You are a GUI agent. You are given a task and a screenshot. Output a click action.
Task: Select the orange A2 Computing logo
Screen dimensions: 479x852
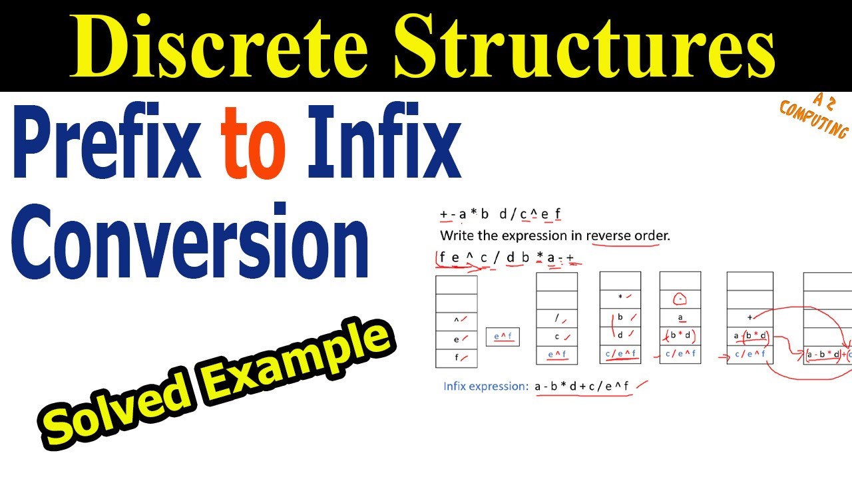[x=813, y=115]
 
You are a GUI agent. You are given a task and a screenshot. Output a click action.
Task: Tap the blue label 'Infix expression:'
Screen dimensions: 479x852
[x=485, y=386]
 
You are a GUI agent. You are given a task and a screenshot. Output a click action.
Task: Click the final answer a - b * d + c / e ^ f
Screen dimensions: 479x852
[x=582, y=386]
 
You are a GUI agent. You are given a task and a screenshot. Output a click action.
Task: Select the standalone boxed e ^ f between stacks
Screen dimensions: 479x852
[x=503, y=337]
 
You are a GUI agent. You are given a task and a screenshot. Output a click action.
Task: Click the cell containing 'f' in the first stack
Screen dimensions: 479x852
[x=457, y=357]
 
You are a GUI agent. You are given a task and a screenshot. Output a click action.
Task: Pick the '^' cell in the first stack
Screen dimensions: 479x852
[x=457, y=320]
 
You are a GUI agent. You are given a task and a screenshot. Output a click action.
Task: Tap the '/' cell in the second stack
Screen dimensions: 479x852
[x=556, y=319]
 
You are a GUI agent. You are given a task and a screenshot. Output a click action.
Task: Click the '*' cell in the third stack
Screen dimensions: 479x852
[x=620, y=297]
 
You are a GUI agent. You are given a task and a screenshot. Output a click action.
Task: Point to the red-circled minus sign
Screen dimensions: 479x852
[x=680, y=299]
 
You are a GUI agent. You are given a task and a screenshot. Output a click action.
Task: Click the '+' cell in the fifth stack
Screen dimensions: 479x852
[x=749, y=317]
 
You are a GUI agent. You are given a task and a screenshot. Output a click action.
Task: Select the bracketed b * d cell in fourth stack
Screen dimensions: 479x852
[x=680, y=336]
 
